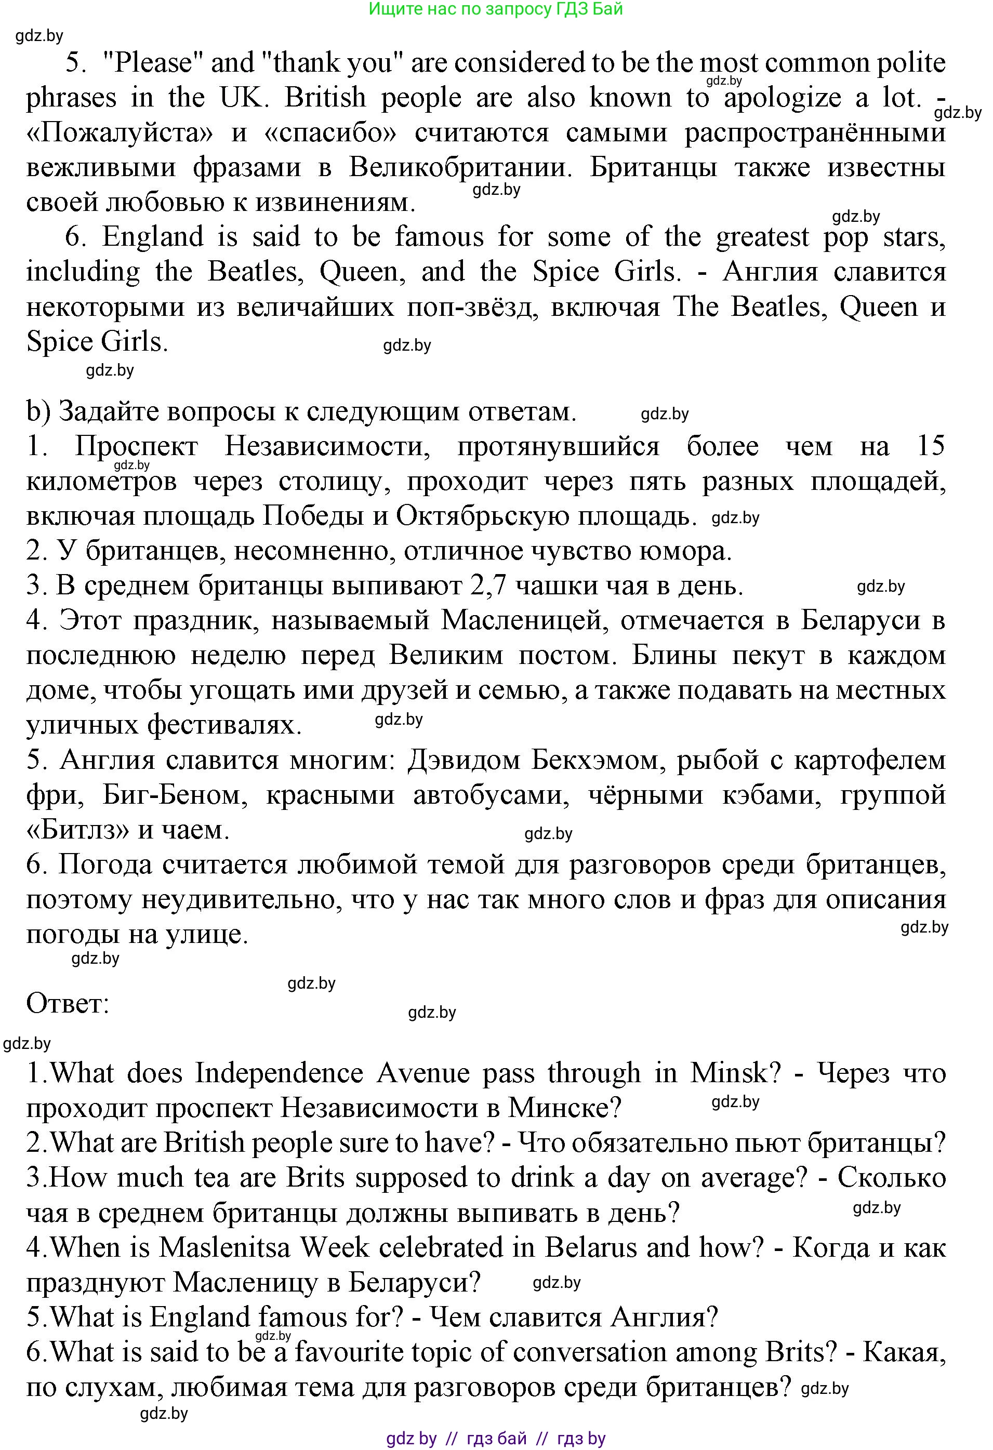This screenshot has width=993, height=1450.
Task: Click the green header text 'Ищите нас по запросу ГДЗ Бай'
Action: pos(496,9)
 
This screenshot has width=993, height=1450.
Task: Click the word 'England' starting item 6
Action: pos(153,237)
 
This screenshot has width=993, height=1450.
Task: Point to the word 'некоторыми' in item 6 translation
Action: pos(105,308)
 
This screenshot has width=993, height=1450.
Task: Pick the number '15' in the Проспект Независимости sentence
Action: pos(930,447)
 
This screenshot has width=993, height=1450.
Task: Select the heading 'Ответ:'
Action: pos(68,1004)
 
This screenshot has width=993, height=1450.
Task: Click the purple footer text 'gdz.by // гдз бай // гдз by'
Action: pos(496,1439)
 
